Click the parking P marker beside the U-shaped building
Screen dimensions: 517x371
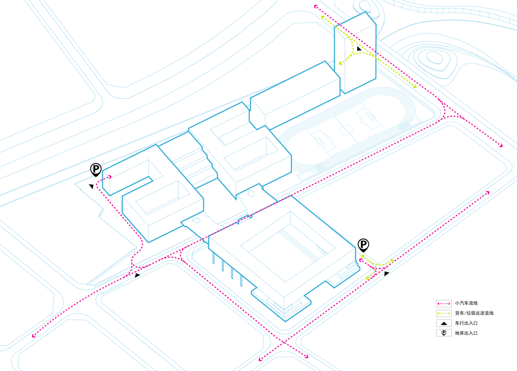click(x=96, y=170)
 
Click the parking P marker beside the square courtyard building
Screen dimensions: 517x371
click(x=363, y=245)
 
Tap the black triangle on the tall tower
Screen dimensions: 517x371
click(x=359, y=49)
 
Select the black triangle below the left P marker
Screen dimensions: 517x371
click(x=92, y=186)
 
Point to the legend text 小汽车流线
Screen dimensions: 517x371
click(x=466, y=303)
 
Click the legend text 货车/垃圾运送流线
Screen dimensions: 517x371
click(x=474, y=313)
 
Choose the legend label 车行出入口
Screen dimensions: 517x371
click(x=466, y=323)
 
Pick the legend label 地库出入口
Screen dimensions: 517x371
click(x=466, y=333)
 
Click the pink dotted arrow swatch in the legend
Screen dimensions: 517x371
click(x=444, y=303)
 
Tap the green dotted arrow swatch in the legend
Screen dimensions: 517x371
click(x=444, y=313)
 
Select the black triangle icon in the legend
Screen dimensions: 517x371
click(x=444, y=323)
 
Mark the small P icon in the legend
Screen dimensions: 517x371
click(x=444, y=333)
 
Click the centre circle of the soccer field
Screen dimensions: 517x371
click(x=345, y=129)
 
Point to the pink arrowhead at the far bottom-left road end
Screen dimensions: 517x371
click(x=33, y=336)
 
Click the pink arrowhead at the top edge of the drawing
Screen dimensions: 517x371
click(x=316, y=6)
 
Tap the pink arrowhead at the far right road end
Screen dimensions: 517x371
click(x=501, y=145)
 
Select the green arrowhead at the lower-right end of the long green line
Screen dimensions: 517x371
click(x=415, y=86)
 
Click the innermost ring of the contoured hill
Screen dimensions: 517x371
click(x=434, y=57)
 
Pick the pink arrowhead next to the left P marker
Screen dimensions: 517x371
click(x=110, y=177)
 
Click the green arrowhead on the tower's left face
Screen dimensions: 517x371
click(x=340, y=63)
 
